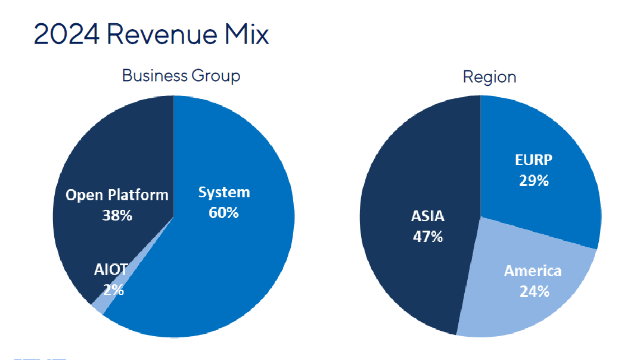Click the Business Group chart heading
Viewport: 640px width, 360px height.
coord(181,76)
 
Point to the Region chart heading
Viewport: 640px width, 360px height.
coord(489,77)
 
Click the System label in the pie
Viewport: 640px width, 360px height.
coord(224,193)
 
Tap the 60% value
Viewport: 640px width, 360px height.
coord(224,213)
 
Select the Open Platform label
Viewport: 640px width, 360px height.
coord(117,195)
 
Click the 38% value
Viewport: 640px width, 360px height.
coord(117,215)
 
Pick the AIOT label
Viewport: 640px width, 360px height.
coord(111,269)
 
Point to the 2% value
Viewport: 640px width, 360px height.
coord(113,290)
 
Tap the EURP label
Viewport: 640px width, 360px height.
coord(533,160)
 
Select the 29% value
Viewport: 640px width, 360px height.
coord(533,181)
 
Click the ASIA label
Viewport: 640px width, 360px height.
coord(428,216)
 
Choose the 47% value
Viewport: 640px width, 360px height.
coord(428,237)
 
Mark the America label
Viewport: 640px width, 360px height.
coord(533,271)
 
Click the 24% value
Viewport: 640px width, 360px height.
coord(533,291)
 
